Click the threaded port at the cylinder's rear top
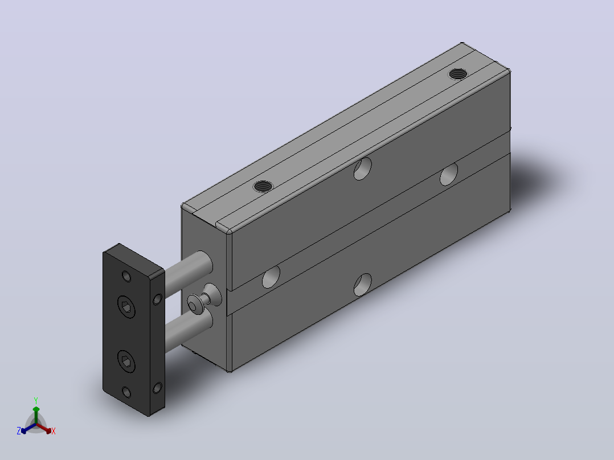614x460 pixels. [x=458, y=73]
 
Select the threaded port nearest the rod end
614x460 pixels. [x=263, y=186]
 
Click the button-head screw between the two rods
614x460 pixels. [x=204, y=299]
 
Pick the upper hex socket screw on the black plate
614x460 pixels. [x=126, y=306]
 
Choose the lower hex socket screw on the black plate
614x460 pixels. [x=126, y=362]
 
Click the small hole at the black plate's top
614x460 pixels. [x=126, y=276]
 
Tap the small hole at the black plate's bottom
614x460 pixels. [x=126, y=392]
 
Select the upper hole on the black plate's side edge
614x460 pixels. [x=157, y=299]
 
